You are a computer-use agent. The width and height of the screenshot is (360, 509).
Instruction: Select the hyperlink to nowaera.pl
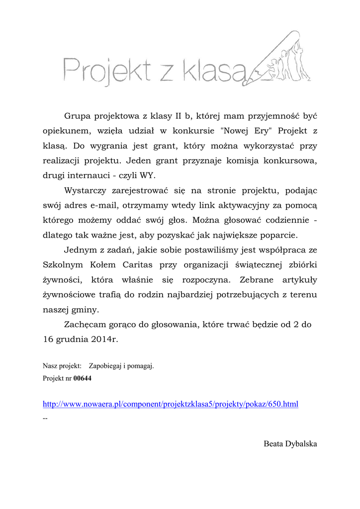[171, 404]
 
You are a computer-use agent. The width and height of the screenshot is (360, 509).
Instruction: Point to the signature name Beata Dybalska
[290, 444]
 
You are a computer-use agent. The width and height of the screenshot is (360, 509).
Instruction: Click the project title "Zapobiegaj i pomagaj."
[121, 366]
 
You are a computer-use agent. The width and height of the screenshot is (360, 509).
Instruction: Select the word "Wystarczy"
[86, 190]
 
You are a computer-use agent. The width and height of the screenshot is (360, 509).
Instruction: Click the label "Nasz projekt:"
[62, 366]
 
